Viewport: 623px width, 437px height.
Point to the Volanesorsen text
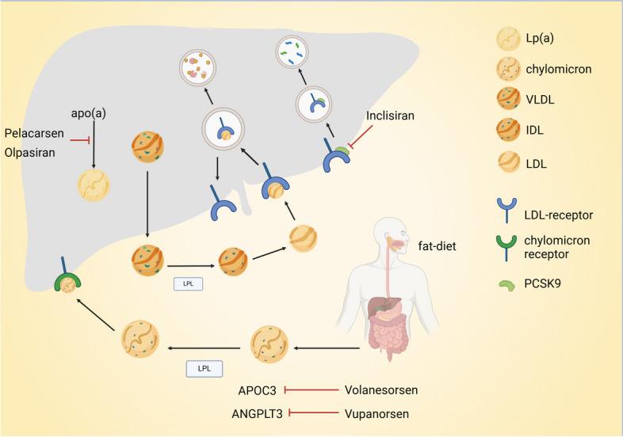(382, 389)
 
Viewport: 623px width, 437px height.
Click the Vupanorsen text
(379, 412)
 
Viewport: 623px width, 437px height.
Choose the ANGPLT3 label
(254, 412)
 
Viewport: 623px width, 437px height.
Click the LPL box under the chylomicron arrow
(204, 369)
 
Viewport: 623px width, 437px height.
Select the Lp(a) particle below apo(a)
(94, 186)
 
